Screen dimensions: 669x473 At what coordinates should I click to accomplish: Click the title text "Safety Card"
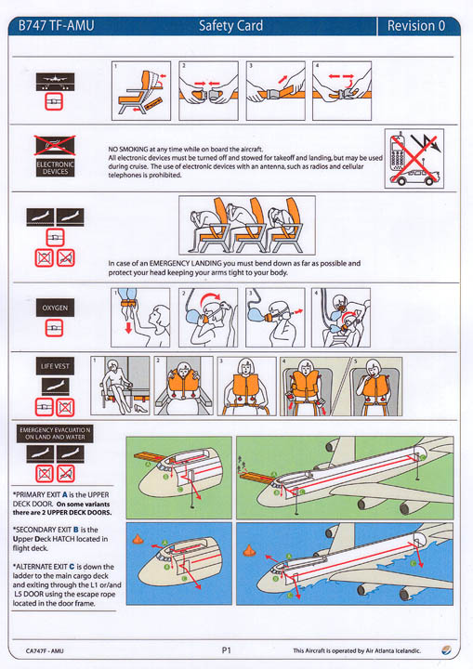[x=230, y=26]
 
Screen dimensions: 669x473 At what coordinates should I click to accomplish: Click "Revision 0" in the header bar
[x=415, y=26]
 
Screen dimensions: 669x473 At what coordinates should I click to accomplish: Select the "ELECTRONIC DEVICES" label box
[x=55, y=167]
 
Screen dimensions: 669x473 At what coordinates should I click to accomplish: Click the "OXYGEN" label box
[x=55, y=307]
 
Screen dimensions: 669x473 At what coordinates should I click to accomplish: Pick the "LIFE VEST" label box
[x=55, y=366]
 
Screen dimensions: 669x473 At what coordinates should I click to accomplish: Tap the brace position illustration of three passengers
[x=246, y=224]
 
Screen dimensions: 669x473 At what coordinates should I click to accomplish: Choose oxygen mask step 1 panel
[x=139, y=317]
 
